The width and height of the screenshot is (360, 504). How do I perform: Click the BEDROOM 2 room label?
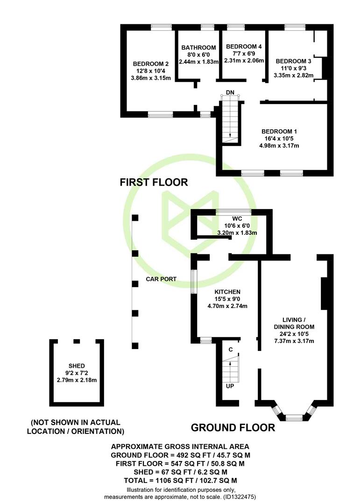pos(150,64)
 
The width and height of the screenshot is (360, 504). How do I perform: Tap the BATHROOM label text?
pos(198,48)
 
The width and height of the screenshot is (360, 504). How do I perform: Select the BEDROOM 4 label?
pos(244,47)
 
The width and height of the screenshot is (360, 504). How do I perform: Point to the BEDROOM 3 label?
pos(293,61)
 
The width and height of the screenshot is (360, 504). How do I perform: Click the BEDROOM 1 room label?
pos(279,132)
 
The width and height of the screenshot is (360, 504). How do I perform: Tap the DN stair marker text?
pos(230,92)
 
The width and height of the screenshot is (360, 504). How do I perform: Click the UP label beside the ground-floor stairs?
pos(230,386)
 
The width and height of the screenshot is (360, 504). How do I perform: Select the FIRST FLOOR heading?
pos(154,182)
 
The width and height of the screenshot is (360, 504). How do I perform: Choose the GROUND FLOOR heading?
pos(233,428)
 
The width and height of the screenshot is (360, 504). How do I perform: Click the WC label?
pos(237,219)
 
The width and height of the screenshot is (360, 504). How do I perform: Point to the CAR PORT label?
pos(161,279)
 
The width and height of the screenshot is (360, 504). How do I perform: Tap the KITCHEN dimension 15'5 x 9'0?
pos(227,299)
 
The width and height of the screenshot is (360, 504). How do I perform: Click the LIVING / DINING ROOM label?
pos(294,323)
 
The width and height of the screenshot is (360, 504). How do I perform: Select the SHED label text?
pos(77,366)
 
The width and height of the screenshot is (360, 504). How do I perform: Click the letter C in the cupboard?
pos(230,350)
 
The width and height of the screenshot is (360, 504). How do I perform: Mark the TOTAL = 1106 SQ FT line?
pos(181,481)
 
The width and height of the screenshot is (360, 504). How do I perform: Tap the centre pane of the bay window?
pos(294,418)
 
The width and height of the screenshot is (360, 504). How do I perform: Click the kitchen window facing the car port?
pos(193,281)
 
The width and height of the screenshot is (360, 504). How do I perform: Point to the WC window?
pos(233,211)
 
